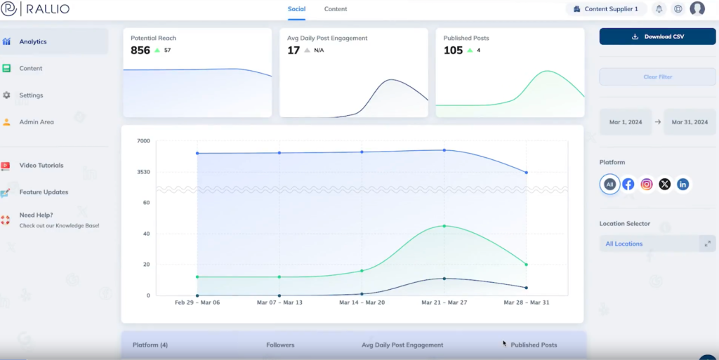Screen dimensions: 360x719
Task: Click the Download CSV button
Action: pos(657,36)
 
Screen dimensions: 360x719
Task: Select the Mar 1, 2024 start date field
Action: pos(626,122)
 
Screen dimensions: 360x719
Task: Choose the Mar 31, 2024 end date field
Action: pos(690,122)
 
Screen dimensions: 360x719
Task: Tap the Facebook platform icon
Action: pos(628,185)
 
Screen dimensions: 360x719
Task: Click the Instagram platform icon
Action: pos(647,185)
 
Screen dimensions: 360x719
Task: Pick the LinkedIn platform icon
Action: pos(682,185)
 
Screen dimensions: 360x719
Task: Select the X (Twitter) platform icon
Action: pos(664,185)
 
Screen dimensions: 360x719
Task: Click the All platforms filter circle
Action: pos(609,185)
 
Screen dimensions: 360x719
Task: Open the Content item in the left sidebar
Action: pos(31,69)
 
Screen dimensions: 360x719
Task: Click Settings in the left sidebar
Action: pos(31,95)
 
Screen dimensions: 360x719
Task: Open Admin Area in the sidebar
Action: pos(37,122)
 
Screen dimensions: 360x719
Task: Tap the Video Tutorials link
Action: pos(41,166)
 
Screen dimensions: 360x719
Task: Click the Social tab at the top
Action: pos(296,9)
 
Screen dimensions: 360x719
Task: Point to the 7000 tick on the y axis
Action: pos(143,141)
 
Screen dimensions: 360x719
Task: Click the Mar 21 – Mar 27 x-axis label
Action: pos(444,303)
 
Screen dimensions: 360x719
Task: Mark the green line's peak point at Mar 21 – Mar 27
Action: pos(444,226)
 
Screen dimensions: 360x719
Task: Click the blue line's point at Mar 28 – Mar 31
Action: pos(526,173)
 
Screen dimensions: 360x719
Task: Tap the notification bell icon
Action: pos(659,9)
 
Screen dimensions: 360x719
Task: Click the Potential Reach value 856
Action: pos(140,51)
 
